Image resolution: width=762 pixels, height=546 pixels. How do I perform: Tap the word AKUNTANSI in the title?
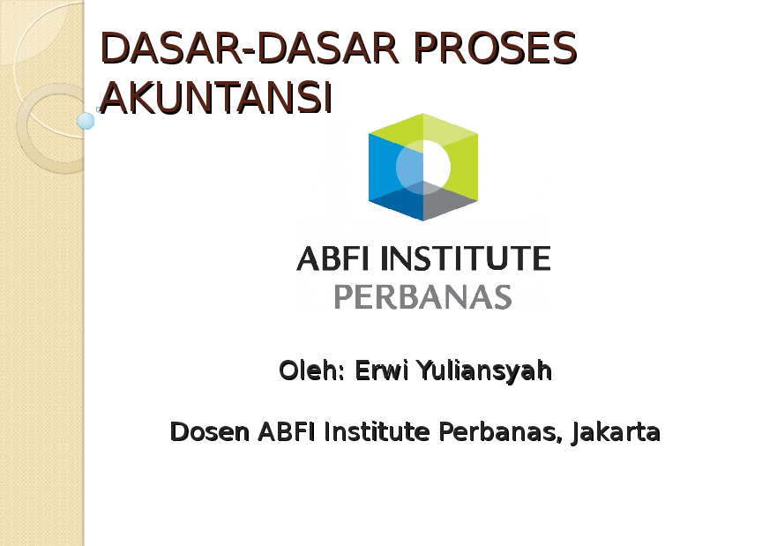[x=216, y=97]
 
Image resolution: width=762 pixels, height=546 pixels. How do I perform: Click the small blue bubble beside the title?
[x=86, y=121]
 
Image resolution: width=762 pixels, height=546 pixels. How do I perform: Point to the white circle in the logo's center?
[x=423, y=167]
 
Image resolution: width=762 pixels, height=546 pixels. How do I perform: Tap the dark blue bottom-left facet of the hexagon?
[x=394, y=201]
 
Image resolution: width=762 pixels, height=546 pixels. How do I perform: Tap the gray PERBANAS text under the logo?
[x=423, y=296]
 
